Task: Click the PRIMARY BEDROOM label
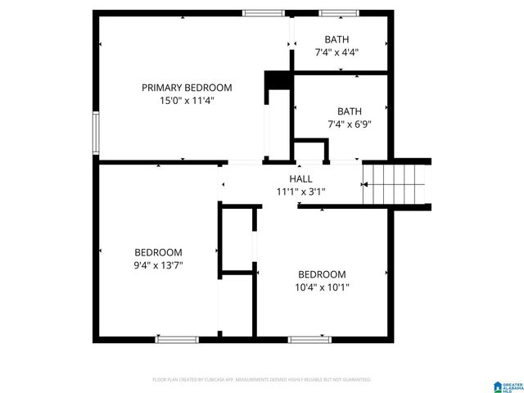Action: pos(187,88)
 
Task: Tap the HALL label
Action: pos(300,178)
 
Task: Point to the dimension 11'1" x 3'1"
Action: pos(300,192)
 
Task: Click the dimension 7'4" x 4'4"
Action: pos(337,52)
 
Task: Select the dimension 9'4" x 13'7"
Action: pos(159,265)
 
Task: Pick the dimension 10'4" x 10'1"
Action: pos(322,287)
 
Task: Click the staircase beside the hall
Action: pos(396,184)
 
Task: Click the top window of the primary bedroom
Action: pos(264,13)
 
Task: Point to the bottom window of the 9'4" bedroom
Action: pos(177,338)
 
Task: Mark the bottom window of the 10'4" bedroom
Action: pos(310,338)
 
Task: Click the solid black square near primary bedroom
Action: pos(278,79)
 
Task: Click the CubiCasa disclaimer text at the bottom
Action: pos(262,380)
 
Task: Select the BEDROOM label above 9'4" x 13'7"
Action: pos(159,252)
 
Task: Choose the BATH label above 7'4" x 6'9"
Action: pos(350,111)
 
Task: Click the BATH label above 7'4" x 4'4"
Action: pos(337,39)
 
